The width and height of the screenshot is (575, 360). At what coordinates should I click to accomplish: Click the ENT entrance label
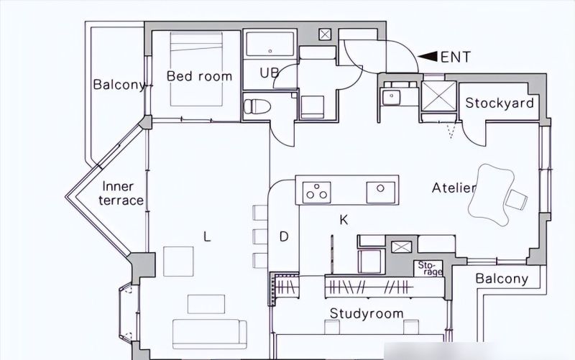(x=455, y=57)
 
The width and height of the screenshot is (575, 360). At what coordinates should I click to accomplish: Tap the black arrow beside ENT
(x=428, y=57)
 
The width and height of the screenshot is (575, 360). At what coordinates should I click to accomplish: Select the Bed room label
(x=199, y=76)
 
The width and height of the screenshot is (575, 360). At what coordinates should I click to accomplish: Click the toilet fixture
(x=257, y=106)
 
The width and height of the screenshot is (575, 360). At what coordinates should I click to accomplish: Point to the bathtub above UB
(x=270, y=44)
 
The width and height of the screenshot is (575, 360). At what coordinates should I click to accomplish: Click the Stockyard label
(x=499, y=103)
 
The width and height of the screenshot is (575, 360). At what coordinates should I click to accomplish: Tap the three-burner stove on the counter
(x=317, y=192)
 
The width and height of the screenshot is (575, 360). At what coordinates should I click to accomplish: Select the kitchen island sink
(x=381, y=192)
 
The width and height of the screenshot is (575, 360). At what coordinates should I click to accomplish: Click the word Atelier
(x=454, y=188)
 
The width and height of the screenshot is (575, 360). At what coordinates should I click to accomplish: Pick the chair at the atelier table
(x=516, y=200)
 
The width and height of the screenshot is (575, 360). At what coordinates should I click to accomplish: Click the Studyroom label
(x=367, y=313)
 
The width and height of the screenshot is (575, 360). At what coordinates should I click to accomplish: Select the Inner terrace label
(x=121, y=193)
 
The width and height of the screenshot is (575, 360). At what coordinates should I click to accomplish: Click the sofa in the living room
(x=209, y=333)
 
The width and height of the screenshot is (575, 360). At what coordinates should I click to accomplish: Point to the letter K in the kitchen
(x=344, y=220)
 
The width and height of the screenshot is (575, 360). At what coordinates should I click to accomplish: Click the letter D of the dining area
(x=284, y=237)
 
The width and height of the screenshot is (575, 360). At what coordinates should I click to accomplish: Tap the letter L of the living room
(x=207, y=237)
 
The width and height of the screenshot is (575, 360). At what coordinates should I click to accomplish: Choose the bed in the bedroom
(x=196, y=69)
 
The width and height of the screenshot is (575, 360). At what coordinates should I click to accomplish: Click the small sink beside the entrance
(x=392, y=97)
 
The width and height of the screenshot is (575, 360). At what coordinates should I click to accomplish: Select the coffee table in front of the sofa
(x=206, y=304)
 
